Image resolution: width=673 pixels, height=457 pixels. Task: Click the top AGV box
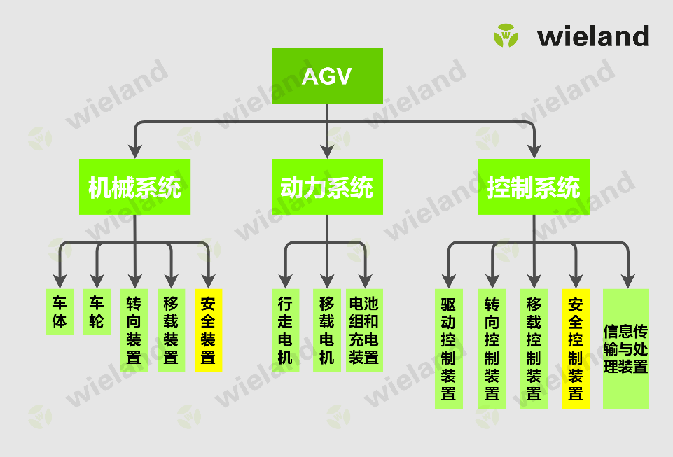point(326,76)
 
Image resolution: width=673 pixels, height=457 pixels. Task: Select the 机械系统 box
point(134,187)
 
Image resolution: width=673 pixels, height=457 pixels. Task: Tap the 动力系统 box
point(326,187)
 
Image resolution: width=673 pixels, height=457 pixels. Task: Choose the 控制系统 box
point(534,187)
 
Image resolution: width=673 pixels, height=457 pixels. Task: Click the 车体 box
point(60,312)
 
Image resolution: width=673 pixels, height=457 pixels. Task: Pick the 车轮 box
point(97,312)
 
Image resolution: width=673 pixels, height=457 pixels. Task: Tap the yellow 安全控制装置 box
point(576,349)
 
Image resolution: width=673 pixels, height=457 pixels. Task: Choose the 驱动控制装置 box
point(448,349)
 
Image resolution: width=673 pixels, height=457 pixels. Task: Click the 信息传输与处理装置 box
point(626,349)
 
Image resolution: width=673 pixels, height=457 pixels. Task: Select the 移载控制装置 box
point(534,349)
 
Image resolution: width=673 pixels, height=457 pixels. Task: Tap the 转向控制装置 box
point(492,349)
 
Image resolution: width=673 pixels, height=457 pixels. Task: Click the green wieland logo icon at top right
point(505,35)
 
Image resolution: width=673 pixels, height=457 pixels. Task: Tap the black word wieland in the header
point(593,36)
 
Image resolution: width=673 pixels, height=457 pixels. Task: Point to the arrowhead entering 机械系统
point(135,150)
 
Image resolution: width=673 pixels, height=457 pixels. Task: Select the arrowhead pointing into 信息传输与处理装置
point(626,281)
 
